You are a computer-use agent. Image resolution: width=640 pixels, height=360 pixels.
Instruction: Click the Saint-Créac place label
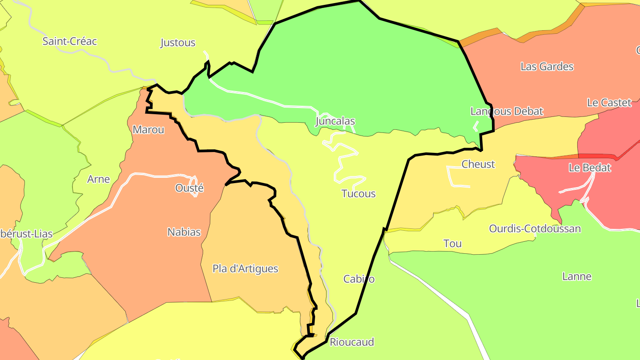coord(69,41)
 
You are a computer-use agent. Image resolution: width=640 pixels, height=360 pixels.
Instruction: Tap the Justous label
coord(178,43)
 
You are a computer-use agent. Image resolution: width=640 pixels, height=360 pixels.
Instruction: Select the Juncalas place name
coord(335,121)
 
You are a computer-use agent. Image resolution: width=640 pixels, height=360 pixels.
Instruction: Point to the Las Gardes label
coord(547,67)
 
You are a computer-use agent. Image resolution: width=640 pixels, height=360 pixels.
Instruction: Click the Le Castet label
coord(609,103)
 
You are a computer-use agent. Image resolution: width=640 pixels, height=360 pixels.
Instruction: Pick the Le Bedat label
coord(590,168)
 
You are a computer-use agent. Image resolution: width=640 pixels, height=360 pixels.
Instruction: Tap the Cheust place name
coord(478,164)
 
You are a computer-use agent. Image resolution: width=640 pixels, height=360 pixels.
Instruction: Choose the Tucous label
coord(358,194)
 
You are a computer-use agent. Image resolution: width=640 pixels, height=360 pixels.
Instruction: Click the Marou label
coord(148,130)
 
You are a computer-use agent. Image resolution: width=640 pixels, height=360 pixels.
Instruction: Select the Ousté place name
coord(189,188)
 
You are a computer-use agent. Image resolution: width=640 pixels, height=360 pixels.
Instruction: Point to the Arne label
coord(98,179)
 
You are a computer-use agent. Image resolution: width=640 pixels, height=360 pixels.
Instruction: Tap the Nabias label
coord(184,232)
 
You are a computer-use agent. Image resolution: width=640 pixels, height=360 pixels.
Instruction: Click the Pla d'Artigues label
coord(245,268)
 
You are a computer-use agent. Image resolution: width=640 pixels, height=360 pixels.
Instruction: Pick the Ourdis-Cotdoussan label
coord(535,229)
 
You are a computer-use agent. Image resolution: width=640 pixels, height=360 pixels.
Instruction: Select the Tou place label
coord(452,244)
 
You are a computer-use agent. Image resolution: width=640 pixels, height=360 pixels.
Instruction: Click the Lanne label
coord(577,276)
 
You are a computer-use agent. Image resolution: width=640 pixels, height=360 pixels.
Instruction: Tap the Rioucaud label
coord(352,342)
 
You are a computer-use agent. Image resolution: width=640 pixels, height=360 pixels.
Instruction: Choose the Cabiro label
coord(359,279)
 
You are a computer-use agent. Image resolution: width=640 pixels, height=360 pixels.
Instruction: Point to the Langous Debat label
coord(507,111)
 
